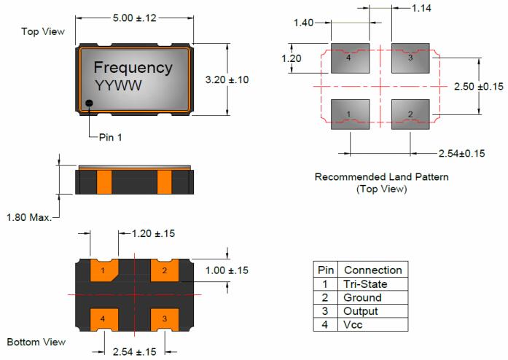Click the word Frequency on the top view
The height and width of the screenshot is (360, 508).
[x=134, y=68]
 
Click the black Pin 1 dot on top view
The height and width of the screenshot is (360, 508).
[x=89, y=103]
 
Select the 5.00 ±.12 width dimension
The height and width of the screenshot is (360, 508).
[x=136, y=17]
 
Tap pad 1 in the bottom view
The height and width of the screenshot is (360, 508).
[x=105, y=271]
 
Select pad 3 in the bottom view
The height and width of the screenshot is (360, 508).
[x=165, y=318]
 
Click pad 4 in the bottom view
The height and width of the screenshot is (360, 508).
[x=104, y=318]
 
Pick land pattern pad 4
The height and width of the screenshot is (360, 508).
[x=349, y=58]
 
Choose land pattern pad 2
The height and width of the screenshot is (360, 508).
[x=410, y=114]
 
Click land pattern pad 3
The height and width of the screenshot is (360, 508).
[x=410, y=58]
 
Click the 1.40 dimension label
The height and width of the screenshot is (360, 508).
[x=303, y=23]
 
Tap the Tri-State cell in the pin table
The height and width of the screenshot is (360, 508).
[x=365, y=283]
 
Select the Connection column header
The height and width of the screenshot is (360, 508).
[x=372, y=270]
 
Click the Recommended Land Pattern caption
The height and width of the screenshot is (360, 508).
[x=381, y=177]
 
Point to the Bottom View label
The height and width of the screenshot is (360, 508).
[x=36, y=342]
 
